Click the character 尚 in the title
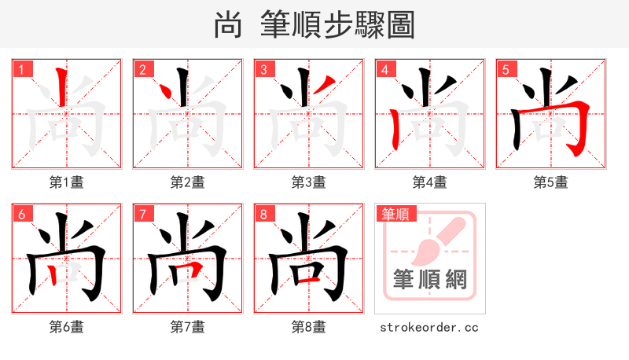click(227, 25)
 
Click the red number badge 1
click(22, 69)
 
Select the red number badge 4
click(385, 69)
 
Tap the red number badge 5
click(506, 69)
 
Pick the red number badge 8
click(264, 214)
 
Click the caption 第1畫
click(67, 182)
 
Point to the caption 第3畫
click(309, 182)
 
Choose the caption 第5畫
click(551, 182)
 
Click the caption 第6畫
click(67, 327)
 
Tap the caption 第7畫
click(188, 327)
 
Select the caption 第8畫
click(309, 327)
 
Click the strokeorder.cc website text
click(429, 327)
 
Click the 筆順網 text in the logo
click(429, 280)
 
